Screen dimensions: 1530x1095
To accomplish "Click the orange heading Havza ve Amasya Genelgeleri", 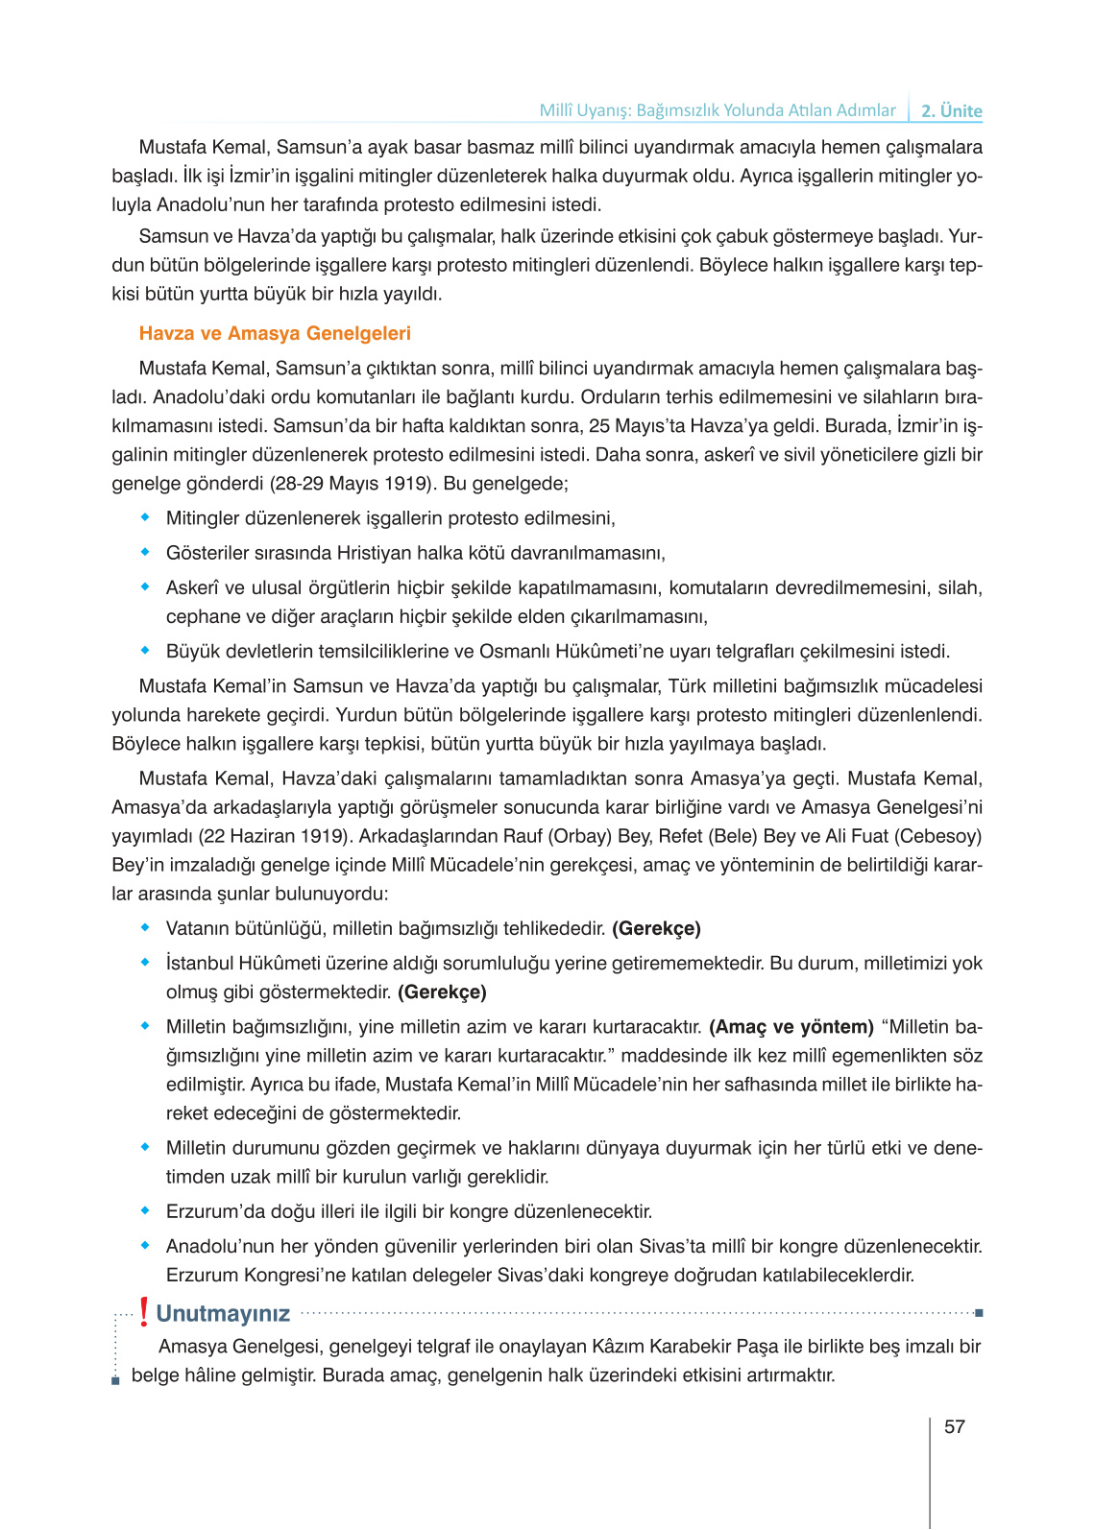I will pos(275,333).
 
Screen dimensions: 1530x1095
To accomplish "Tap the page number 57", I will pos(954,1426).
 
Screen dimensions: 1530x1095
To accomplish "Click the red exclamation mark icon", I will pos(144,1312).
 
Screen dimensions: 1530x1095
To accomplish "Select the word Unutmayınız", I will pos(223,1313).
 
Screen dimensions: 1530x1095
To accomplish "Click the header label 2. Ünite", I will pos(951,110).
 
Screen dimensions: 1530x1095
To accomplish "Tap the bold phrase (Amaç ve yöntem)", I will pos(791,1026).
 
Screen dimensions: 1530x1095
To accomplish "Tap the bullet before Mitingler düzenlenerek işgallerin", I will pos(146,517).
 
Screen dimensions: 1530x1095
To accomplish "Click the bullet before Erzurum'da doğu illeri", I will pos(146,1210).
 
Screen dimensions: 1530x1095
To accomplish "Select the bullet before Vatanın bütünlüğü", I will pos(146,927).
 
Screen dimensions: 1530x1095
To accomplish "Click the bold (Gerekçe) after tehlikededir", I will pos(656,928).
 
